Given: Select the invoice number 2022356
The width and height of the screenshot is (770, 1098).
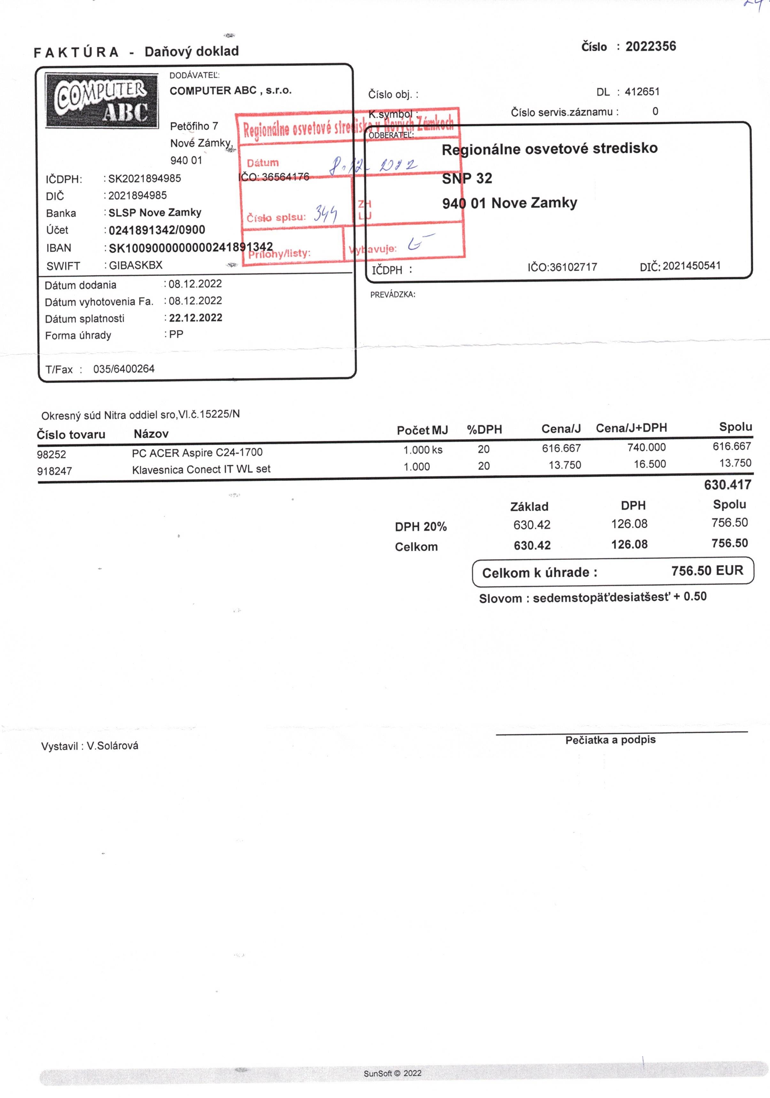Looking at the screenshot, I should (650, 46).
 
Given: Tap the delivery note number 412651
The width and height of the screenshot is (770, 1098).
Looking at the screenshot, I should (642, 91).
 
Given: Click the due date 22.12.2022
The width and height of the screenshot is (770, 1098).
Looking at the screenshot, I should (195, 318).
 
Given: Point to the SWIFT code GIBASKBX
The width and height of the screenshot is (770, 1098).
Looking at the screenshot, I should (136, 265).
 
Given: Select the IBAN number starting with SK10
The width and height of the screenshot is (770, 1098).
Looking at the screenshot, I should (191, 247).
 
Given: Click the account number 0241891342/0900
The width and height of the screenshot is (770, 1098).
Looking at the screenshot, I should (157, 230).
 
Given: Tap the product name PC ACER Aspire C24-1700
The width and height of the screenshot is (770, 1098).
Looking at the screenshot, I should (197, 452).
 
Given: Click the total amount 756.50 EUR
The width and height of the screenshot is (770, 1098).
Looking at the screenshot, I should (707, 571).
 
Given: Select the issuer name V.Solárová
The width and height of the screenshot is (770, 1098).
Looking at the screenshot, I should (113, 746).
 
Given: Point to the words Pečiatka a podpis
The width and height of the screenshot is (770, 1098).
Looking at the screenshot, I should (610, 740).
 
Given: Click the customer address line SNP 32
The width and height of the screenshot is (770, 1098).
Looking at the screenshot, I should (467, 178).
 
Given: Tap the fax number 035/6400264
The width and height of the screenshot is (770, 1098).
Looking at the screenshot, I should (123, 369).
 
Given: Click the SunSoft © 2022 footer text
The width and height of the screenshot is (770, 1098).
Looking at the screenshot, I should (393, 1073).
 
